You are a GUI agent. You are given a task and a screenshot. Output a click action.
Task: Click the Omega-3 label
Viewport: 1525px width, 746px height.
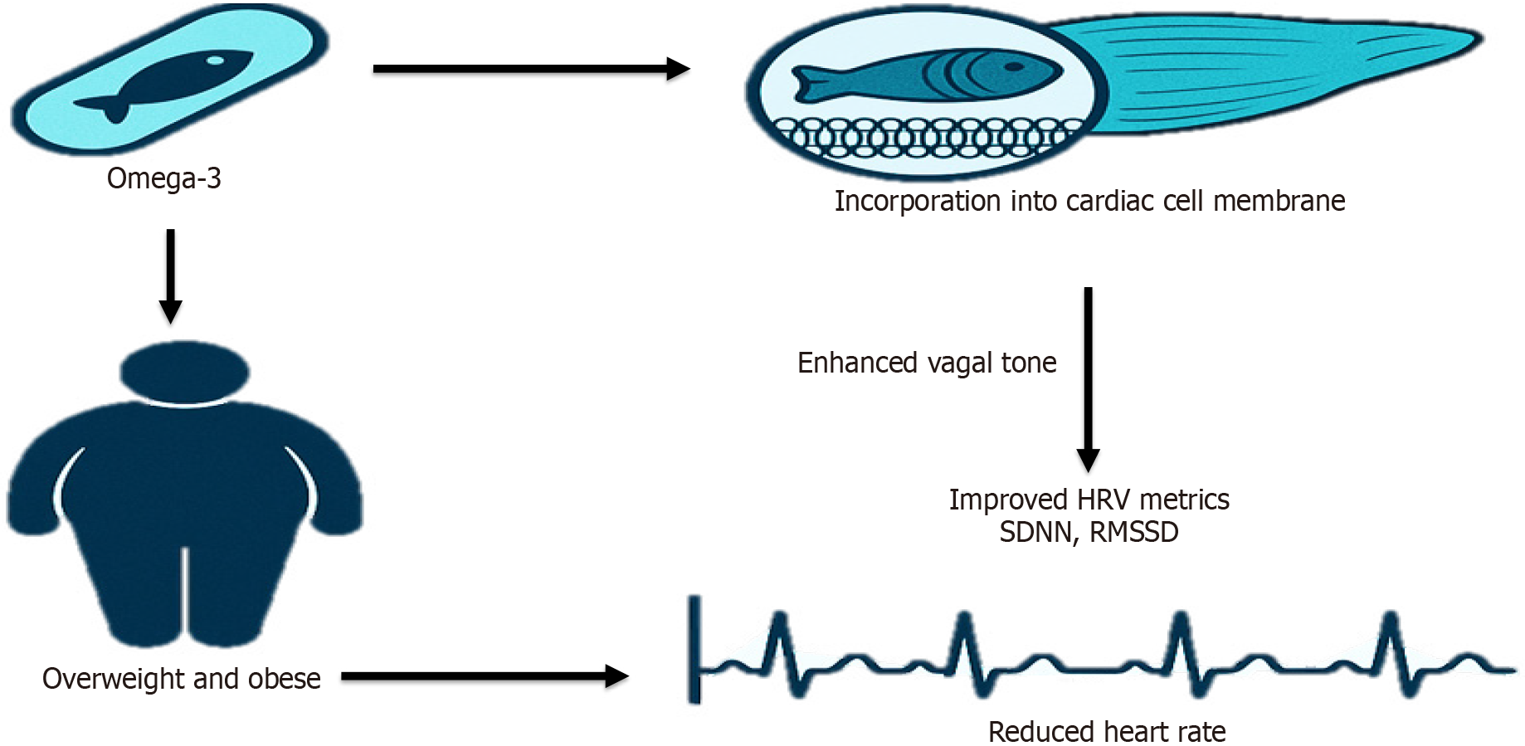163,178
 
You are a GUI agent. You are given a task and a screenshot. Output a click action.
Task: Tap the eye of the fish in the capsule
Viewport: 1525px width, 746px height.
215,61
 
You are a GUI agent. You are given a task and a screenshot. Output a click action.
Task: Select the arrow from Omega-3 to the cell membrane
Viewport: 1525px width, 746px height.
531,69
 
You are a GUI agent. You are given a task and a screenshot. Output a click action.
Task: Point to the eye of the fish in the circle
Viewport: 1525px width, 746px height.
1014,67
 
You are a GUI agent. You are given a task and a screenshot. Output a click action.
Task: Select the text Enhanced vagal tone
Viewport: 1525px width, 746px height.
927,363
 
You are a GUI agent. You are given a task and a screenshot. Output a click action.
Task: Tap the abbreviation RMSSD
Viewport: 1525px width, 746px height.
1133,532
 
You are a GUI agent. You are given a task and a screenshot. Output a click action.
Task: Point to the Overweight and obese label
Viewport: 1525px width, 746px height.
181,679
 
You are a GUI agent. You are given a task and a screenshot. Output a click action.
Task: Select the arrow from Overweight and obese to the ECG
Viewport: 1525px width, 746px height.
485,676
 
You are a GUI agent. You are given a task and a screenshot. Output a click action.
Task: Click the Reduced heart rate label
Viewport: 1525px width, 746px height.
1107,732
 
